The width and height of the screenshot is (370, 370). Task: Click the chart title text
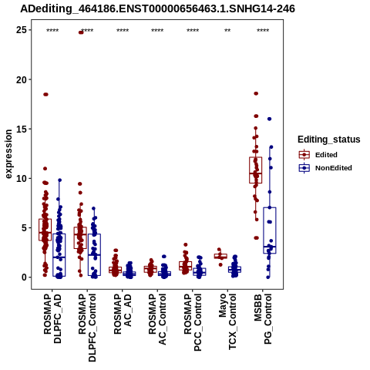pyautogui.click(x=157, y=9)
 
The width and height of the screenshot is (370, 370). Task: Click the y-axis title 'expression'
pyautogui.click(x=8, y=154)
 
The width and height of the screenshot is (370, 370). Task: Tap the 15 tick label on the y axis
pyautogui.click(x=22, y=129)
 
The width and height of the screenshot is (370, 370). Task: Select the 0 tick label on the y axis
pyautogui.click(x=24, y=277)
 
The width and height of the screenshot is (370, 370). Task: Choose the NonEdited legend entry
pyautogui.click(x=325, y=168)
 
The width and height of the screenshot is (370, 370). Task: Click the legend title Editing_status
pyautogui.click(x=329, y=140)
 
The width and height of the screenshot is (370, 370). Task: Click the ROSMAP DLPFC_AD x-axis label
pyautogui.click(x=52, y=319)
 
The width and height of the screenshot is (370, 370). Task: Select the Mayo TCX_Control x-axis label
pyautogui.click(x=227, y=321)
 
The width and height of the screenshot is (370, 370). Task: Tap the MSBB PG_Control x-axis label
pyautogui.click(x=263, y=319)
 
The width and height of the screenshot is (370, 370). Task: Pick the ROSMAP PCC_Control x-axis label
pyautogui.click(x=193, y=322)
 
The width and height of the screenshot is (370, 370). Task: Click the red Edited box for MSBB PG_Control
pyautogui.click(x=255, y=170)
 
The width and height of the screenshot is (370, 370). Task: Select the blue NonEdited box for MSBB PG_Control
pyautogui.click(x=270, y=230)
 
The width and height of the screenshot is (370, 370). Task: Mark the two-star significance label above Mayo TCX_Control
pyautogui.click(x=227, y=30)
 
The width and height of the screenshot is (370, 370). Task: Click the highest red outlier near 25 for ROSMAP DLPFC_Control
pyautogui.click(x=81, y=32)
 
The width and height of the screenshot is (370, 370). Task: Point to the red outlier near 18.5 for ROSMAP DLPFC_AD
pyautogui.click(x=45, y=94)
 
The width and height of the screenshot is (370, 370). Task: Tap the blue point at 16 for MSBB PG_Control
pyautogui.click(x=269, y=119)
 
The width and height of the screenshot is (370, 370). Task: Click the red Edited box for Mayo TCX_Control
pyautogui.click(x=220, y=256)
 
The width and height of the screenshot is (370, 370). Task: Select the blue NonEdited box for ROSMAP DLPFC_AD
pyautogui.click(x=59, y=255)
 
